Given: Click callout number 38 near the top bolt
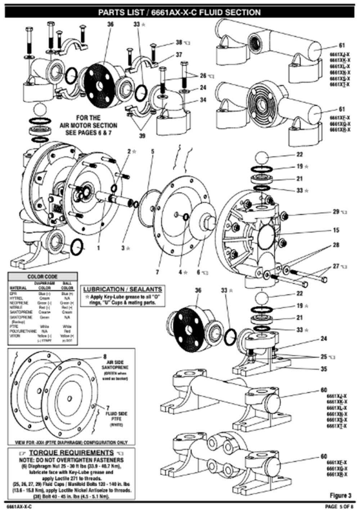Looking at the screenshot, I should pyautogui.click(x=179, y=42).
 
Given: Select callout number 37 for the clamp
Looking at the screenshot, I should pyautogui.click(x=179, y=55).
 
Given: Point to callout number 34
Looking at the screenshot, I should pyautogui.click(x=203, y=100).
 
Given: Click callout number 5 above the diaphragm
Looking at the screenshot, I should pyautogui.click(x=153, y=151).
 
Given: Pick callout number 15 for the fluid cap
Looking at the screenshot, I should pyautogui.click(x=336, y=230).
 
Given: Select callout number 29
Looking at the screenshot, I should pyautogui.click(x=336, y=212).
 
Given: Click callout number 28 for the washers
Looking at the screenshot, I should pyautogui.click(x=336, y=245).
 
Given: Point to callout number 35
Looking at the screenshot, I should pyautogui.click(x=324, y=369).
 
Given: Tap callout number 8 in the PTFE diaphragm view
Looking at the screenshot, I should pyautogui.click(x=105, y=357).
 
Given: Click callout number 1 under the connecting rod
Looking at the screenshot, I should pyautogui.click(x=98, y=248).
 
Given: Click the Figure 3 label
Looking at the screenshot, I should pyautogui.click(x=340, y=495).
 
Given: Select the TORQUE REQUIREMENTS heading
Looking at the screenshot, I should pyautogui.click(x=71, y=453).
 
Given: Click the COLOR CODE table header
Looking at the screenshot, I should pyautogui.click(x=42, y=277).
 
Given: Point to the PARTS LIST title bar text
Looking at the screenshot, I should pyautogui.click(x=180, y=13).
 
